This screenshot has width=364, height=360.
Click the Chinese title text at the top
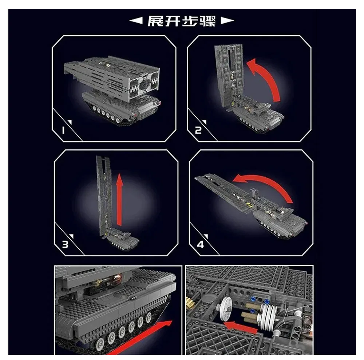[182, 21]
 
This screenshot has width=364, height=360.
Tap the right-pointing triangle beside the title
[227, 21]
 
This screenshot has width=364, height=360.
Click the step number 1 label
[63, 130]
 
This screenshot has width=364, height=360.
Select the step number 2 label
[198, 130]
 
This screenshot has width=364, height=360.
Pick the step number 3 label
[65, 244]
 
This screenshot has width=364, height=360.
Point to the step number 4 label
[200, 244]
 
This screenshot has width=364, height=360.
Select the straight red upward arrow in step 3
[119, 200]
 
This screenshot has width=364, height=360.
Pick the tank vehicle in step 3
[122, 243]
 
